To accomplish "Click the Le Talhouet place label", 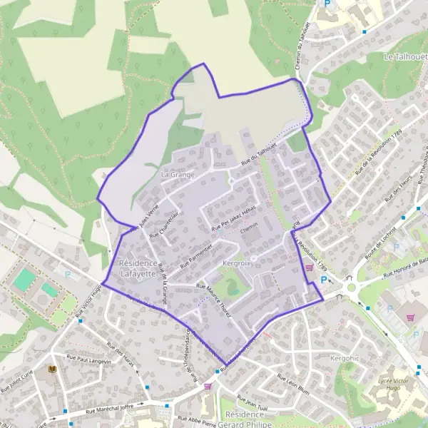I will point(404,56).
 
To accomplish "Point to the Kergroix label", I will point(238,263).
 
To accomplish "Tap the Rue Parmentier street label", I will point(195,255).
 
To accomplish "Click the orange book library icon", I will point(51,369).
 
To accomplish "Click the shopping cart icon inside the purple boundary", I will point(310,268).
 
